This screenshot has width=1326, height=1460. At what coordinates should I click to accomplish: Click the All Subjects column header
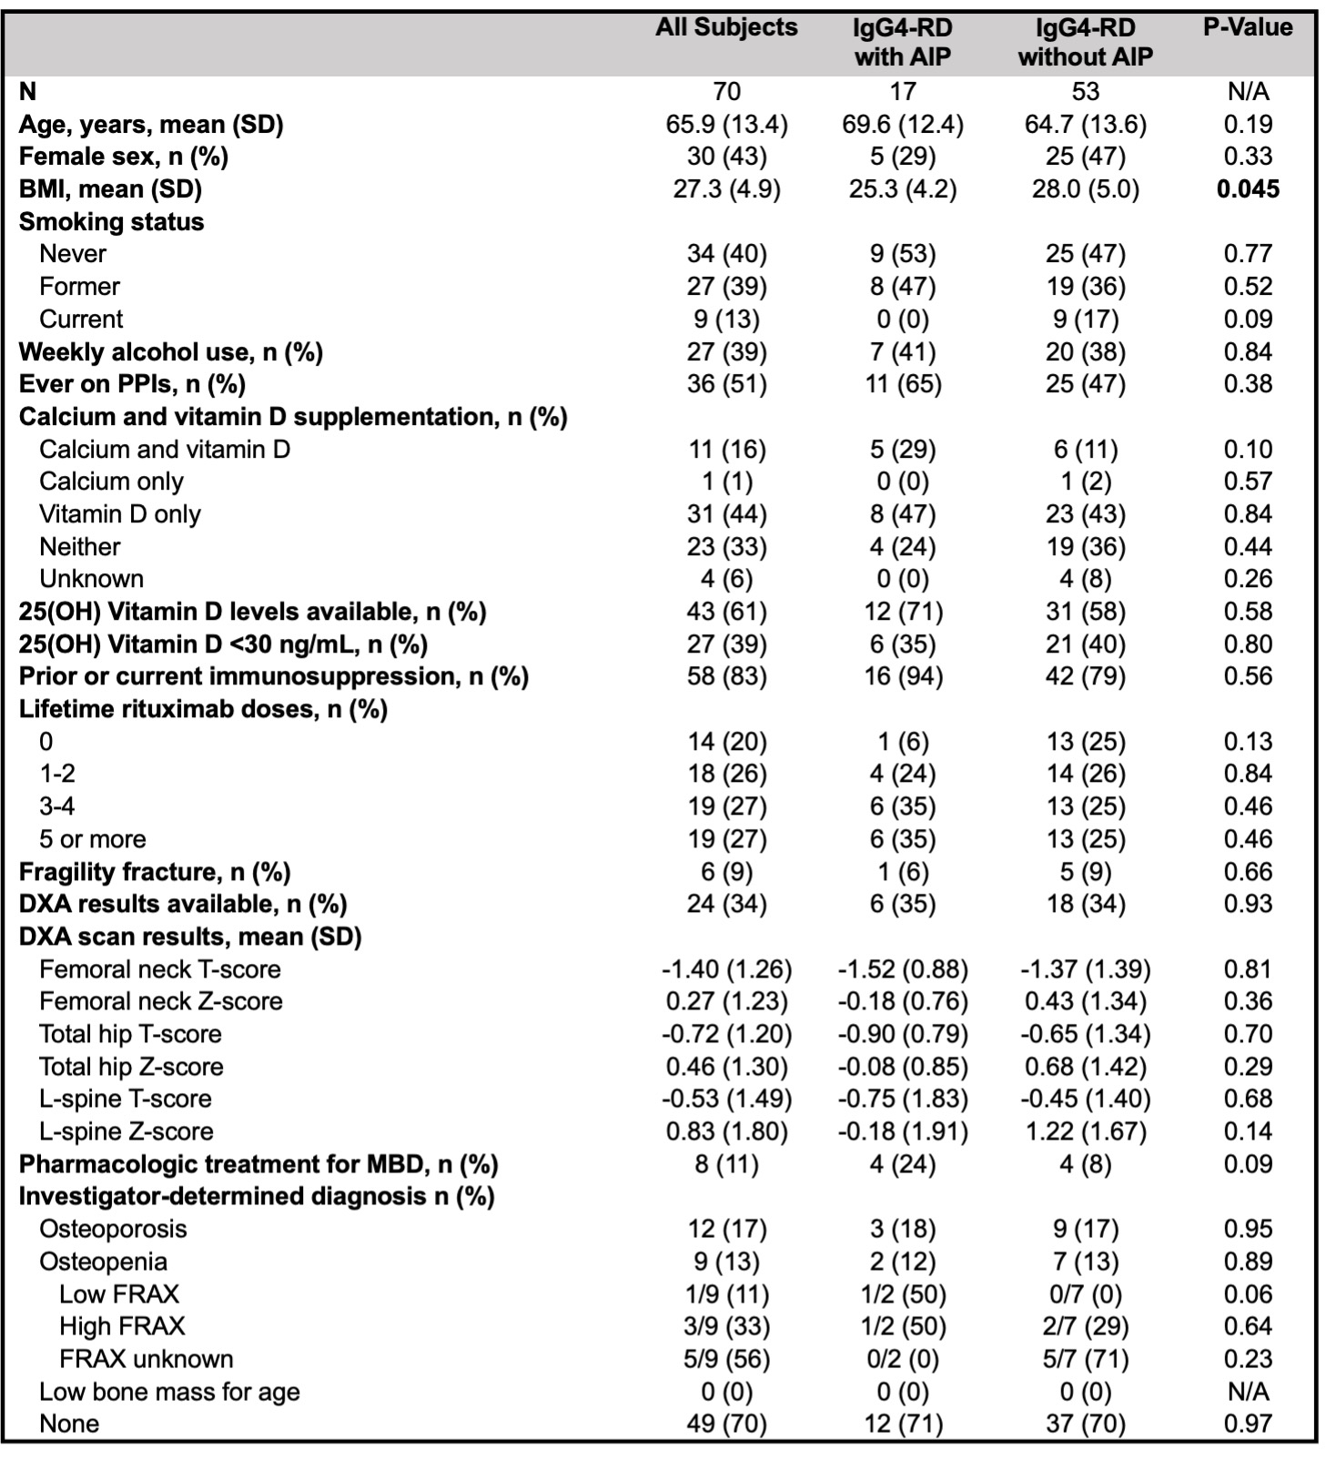726,28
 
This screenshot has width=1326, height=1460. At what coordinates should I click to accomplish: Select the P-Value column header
1247,28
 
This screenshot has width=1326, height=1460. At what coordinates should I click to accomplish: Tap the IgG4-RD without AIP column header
1085,43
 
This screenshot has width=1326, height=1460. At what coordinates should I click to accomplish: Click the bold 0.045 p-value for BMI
1247,189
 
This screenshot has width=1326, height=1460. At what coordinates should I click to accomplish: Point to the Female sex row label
124,157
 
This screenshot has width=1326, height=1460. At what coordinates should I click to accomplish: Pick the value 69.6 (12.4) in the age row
902,124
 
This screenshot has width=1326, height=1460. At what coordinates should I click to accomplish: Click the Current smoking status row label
81,319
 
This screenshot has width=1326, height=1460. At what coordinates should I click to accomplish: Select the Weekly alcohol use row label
171,352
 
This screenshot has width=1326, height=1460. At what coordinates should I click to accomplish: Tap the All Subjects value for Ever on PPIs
726,384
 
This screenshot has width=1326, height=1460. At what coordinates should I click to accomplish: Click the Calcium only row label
111,482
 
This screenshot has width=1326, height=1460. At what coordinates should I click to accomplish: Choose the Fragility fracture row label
155,872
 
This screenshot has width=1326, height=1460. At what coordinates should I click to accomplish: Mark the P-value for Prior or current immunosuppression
1247,676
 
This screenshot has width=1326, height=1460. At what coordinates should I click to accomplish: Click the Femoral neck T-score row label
159,969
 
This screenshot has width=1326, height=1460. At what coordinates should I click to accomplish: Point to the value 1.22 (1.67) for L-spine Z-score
1085,1131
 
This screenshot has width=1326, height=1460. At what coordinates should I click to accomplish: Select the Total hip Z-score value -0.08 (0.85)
902,1067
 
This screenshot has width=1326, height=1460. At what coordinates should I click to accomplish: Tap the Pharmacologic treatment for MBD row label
258,1164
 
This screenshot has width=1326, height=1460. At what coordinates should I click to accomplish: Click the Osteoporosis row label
113,1230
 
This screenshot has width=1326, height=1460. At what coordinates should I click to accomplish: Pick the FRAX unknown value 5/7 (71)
1085,1359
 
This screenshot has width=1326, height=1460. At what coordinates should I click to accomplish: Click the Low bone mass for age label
169,1392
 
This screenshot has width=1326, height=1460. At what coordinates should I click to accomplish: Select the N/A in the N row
1247,92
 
